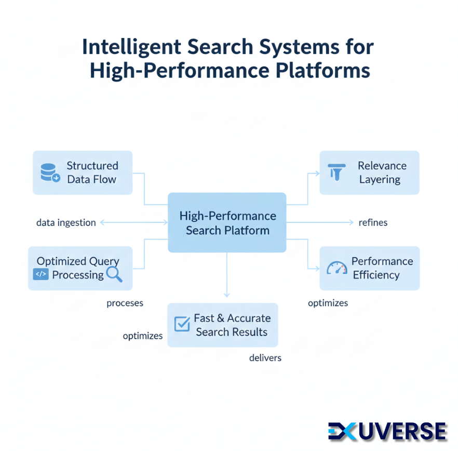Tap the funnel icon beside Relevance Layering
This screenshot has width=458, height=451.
pyautogui.click(x=337, y=172)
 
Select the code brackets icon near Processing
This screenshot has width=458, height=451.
pyautogui.click(x=41, y=274)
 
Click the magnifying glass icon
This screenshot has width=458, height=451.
pyautogui.click(x=114, y=274)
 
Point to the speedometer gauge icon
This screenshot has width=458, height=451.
pyautogui.click(x=336, y=268)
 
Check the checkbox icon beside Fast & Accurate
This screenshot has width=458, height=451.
pyautogui.click(x=182, y=324)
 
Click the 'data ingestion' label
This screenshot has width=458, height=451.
pyautogui.click(x=66, y=222)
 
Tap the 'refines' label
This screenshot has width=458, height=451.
pyautogui.click(x=373, y=222)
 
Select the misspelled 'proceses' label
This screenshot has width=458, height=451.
pyautogui.click(x=125, y=303)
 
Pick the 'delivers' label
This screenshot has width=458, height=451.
pyautogui.click(x=265, y=357)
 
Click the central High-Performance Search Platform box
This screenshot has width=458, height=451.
pyautogui.click(x=227, y=222)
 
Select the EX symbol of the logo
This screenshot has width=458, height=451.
pyautogui.click(x=344, y=431)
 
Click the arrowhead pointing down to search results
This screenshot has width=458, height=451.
pyautogui.click(x=226, y=295)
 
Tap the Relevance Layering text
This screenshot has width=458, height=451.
pyautogui.click(x=382, y=173)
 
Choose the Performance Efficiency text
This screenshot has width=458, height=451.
pyautogui.click(x=382, y=268)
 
